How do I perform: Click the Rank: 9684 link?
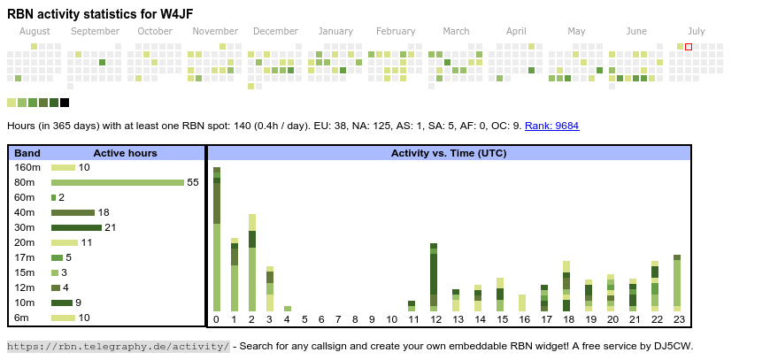[551, 126]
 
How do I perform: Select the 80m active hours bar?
[117, 182]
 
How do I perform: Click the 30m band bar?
[76, 227]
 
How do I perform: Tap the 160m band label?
[27, 167]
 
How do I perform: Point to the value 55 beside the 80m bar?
[192, 182]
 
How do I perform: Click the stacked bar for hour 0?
[217, 239]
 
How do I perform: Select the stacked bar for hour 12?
[434, 277]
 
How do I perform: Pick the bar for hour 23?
[677, 283]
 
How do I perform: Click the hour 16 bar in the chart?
[522, 303]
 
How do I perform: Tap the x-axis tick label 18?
[567, 319]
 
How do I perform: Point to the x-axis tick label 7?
[339, 319]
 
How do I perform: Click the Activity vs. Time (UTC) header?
[449, 153]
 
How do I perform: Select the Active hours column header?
[125, 153]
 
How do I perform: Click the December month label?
[281, 32]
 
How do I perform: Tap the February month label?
[396, 32]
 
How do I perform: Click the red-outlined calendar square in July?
[689, 47]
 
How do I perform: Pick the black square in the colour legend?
[65, 103]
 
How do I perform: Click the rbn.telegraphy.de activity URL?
[119, 346]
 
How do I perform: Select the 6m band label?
[21, 318]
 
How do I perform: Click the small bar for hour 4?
[287, 309]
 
